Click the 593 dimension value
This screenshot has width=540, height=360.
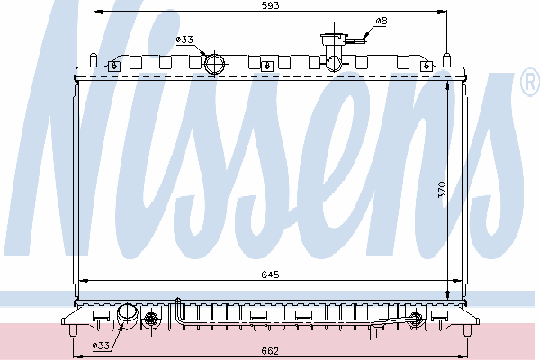pyautogui.click(x=271, y=5)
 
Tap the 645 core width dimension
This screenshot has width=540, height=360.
pyautogui.click(x=270, y=274)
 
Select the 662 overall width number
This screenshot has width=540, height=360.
pyautogui.click(x=270, y=351)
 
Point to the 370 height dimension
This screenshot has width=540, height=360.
pyautogui.click(x=442, y=190)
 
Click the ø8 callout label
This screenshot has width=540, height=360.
pyautogui.click(x=382, y=21)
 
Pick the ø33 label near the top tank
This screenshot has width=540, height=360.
pyautogui.click(x=184, y=40)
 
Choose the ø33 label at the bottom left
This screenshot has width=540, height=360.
pyautogui.click(x=101, y=346)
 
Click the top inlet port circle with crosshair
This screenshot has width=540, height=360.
pyautogui.click(x=214, y=64)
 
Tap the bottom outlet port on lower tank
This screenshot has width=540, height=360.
pyautogui.click(x=128, y=314)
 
